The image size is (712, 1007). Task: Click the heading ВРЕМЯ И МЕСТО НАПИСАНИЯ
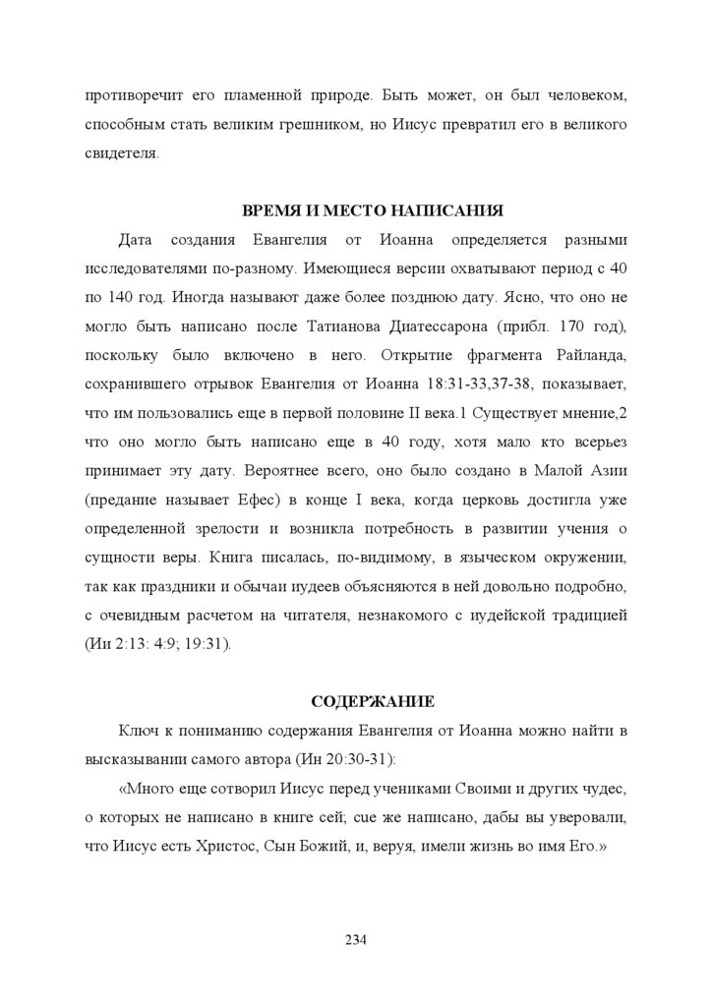coord(373,210)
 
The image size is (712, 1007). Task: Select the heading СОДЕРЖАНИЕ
coord(373,701)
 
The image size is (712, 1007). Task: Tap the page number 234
coord(356,940)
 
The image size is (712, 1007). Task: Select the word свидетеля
coord(122,154)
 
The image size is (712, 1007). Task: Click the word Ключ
coord(138,731)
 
